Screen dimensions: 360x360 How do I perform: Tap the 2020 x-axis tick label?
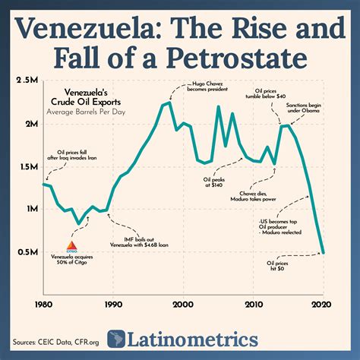[x=323, y=303]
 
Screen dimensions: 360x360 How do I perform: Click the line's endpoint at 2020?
[x=323, y=252]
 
